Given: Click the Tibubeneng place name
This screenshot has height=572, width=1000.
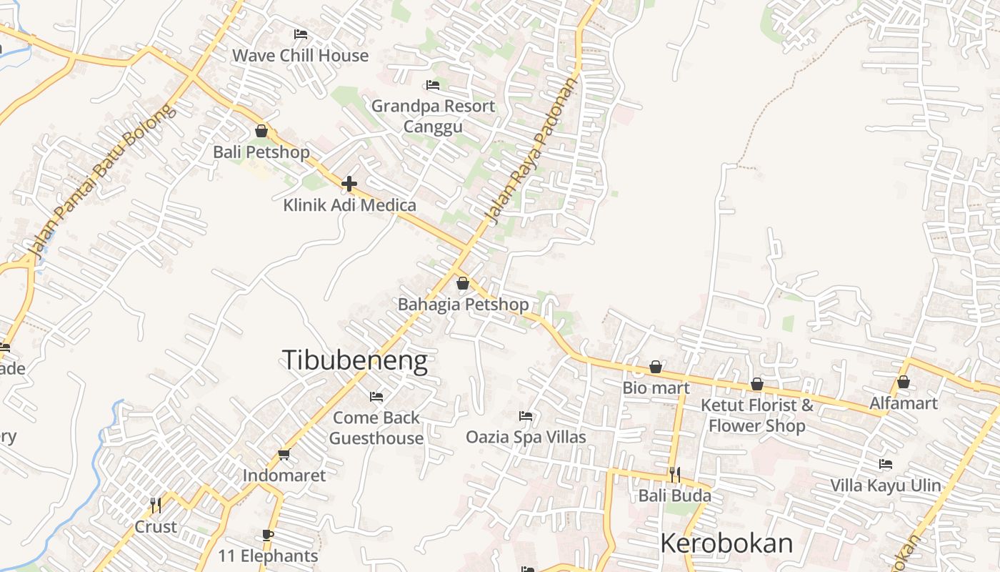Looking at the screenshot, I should [355, 360].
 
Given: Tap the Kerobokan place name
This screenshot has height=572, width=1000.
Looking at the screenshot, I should [726, 543].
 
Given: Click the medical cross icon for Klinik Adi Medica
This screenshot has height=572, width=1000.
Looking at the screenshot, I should [349, 184].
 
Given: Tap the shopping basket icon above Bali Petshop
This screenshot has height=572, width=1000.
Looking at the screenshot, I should [261, 131].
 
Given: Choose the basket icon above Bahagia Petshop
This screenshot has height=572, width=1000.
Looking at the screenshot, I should [463, 283].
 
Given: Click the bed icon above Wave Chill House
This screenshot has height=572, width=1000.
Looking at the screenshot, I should [301, 34].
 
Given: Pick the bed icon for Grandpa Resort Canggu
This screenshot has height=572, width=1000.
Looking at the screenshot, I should [433, 85].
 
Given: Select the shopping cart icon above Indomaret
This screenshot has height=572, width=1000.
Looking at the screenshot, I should [284, 454].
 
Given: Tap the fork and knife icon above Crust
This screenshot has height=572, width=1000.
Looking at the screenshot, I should [156, 506].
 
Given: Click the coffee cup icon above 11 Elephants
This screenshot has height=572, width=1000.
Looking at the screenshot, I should [267, 535].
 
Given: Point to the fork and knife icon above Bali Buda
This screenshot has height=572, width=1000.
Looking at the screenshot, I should [674, 474].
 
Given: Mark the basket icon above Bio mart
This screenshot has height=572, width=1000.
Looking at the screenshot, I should [656, 367].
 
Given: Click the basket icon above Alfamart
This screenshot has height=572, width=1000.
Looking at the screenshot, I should [904, 382].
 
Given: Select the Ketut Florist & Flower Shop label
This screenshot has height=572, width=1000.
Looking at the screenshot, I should [757, 415].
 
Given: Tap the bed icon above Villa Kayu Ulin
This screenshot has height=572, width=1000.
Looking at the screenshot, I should [886, 464].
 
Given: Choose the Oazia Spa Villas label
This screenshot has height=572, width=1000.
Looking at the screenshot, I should [526, 437].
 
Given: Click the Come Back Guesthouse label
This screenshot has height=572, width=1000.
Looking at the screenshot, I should [376, 428].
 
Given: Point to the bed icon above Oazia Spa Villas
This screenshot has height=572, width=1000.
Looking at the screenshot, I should [526, 415].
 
